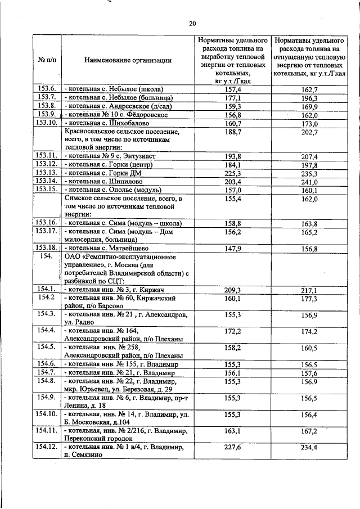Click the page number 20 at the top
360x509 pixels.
192,23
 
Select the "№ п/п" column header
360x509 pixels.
46,60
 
